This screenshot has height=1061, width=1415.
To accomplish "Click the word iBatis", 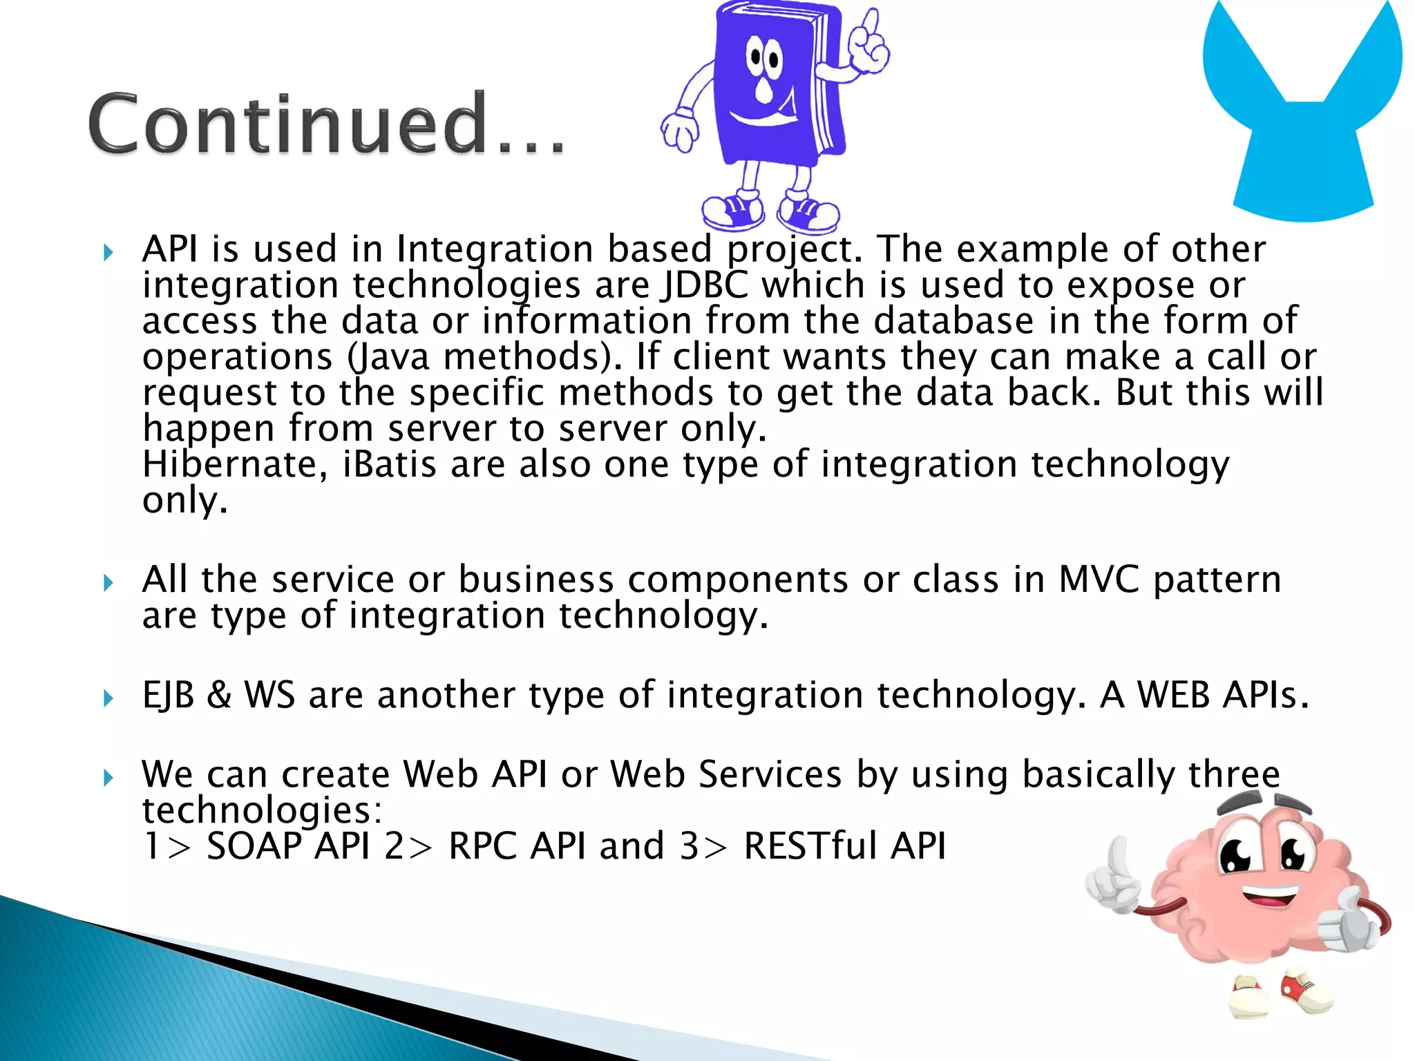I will (x=390, y=464).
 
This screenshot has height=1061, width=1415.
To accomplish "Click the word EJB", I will (x=168, y=695).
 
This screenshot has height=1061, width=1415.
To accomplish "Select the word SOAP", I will (x=254, y=845).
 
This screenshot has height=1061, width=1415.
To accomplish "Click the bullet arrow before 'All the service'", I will (x=108, y=583).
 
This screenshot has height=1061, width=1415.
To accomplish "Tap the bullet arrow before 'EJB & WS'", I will (x=108, y=698).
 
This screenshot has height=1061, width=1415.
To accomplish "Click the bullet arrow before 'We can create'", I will (x=108, y=778).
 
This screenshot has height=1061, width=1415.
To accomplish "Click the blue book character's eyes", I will (x=763, y=57).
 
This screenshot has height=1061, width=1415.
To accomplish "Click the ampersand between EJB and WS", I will (x=218, y=695).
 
